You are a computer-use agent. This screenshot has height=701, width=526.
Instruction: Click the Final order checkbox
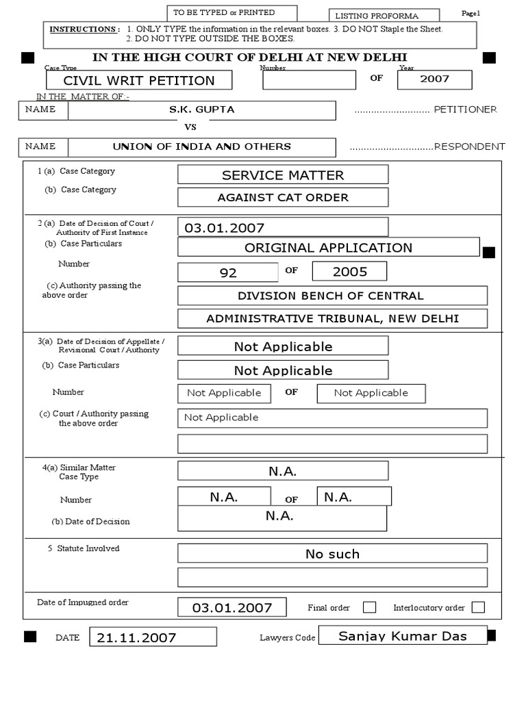pos(369,607)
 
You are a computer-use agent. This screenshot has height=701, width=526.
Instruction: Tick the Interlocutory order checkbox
pos(478,607)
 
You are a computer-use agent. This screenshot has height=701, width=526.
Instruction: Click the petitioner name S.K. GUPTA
pos(201,110)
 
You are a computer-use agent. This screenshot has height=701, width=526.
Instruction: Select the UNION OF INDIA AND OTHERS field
pos(201,146)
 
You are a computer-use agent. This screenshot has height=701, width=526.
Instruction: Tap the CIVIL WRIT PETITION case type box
pos(139,80)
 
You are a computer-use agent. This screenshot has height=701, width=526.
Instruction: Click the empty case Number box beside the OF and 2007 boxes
pos(309,79)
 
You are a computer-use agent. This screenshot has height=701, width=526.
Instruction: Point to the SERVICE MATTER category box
pos(282,175)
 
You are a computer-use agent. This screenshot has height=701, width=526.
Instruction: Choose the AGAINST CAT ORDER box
pos(282,197)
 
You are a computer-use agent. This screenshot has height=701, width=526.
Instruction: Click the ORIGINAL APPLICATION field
pos(328,247)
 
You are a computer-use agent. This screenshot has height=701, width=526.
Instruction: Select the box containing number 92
pos(228,272)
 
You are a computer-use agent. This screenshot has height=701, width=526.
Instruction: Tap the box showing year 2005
pos(349,271)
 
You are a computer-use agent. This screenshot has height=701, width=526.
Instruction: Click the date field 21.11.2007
pos(153,637)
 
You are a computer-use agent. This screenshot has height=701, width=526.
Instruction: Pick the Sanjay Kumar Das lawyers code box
pos(403,636)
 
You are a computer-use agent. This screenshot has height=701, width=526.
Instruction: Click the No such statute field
pos(332,554)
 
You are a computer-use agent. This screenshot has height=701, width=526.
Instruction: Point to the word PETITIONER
pos(465,110)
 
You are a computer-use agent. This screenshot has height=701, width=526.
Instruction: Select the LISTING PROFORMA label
pos(377,16)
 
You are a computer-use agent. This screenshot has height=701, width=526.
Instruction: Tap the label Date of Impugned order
pos(83,602)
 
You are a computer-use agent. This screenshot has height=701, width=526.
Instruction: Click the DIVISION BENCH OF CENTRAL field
pos(332,296)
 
